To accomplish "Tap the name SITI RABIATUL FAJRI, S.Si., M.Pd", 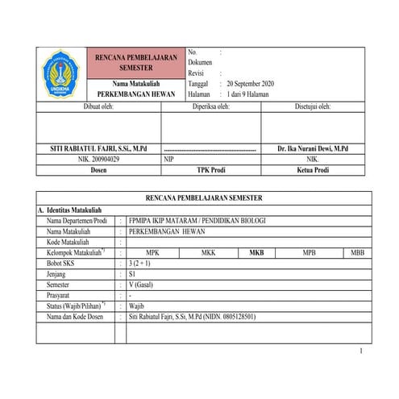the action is click(x=100, y=150).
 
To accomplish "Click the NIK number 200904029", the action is click(x=99, y=160).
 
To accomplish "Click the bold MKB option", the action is click(x=256, y=252).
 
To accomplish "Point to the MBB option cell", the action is click(x=358, y=252).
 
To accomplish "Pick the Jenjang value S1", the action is click(x=133, y=274).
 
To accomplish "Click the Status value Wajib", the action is click(x=137, y=306).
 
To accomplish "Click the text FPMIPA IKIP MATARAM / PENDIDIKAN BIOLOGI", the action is click(x=196, y=220).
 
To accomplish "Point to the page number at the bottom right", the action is click(x=362, y=351).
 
